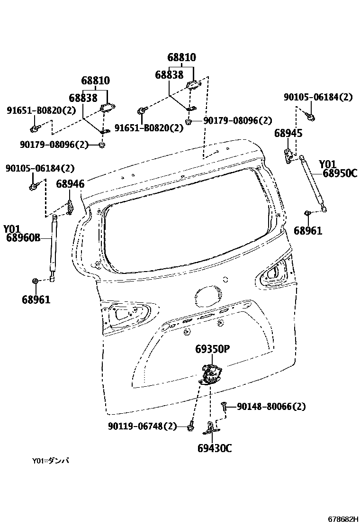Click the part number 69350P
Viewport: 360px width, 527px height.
pyautogui.click(x=212, y=349)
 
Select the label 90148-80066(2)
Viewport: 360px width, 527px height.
pyautogui.click(x=271, y=407)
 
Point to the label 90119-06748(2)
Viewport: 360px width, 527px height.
pyautogui.click(x=142, y=427)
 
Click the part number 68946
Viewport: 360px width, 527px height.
pyautogui.click(x=70, y=184)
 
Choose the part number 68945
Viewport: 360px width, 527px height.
pyautogui.click(x=288, y=134)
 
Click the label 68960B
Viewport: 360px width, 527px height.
pyautogui.click(x=23, y=238)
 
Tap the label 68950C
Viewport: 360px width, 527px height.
pyautogui.click(x=340, y=173)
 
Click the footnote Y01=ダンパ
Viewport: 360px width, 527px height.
pyautogui.click(x=51, y=461)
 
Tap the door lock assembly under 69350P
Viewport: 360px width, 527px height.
pyautogui.click(x=210, y=375)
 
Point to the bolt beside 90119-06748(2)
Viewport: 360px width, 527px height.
pyautogui.click(x=190, y=427)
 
